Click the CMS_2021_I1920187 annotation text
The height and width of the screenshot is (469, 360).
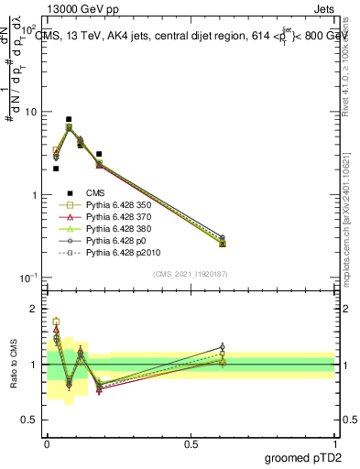pos(191,274)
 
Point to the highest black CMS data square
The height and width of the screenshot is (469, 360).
pos(69,119)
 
